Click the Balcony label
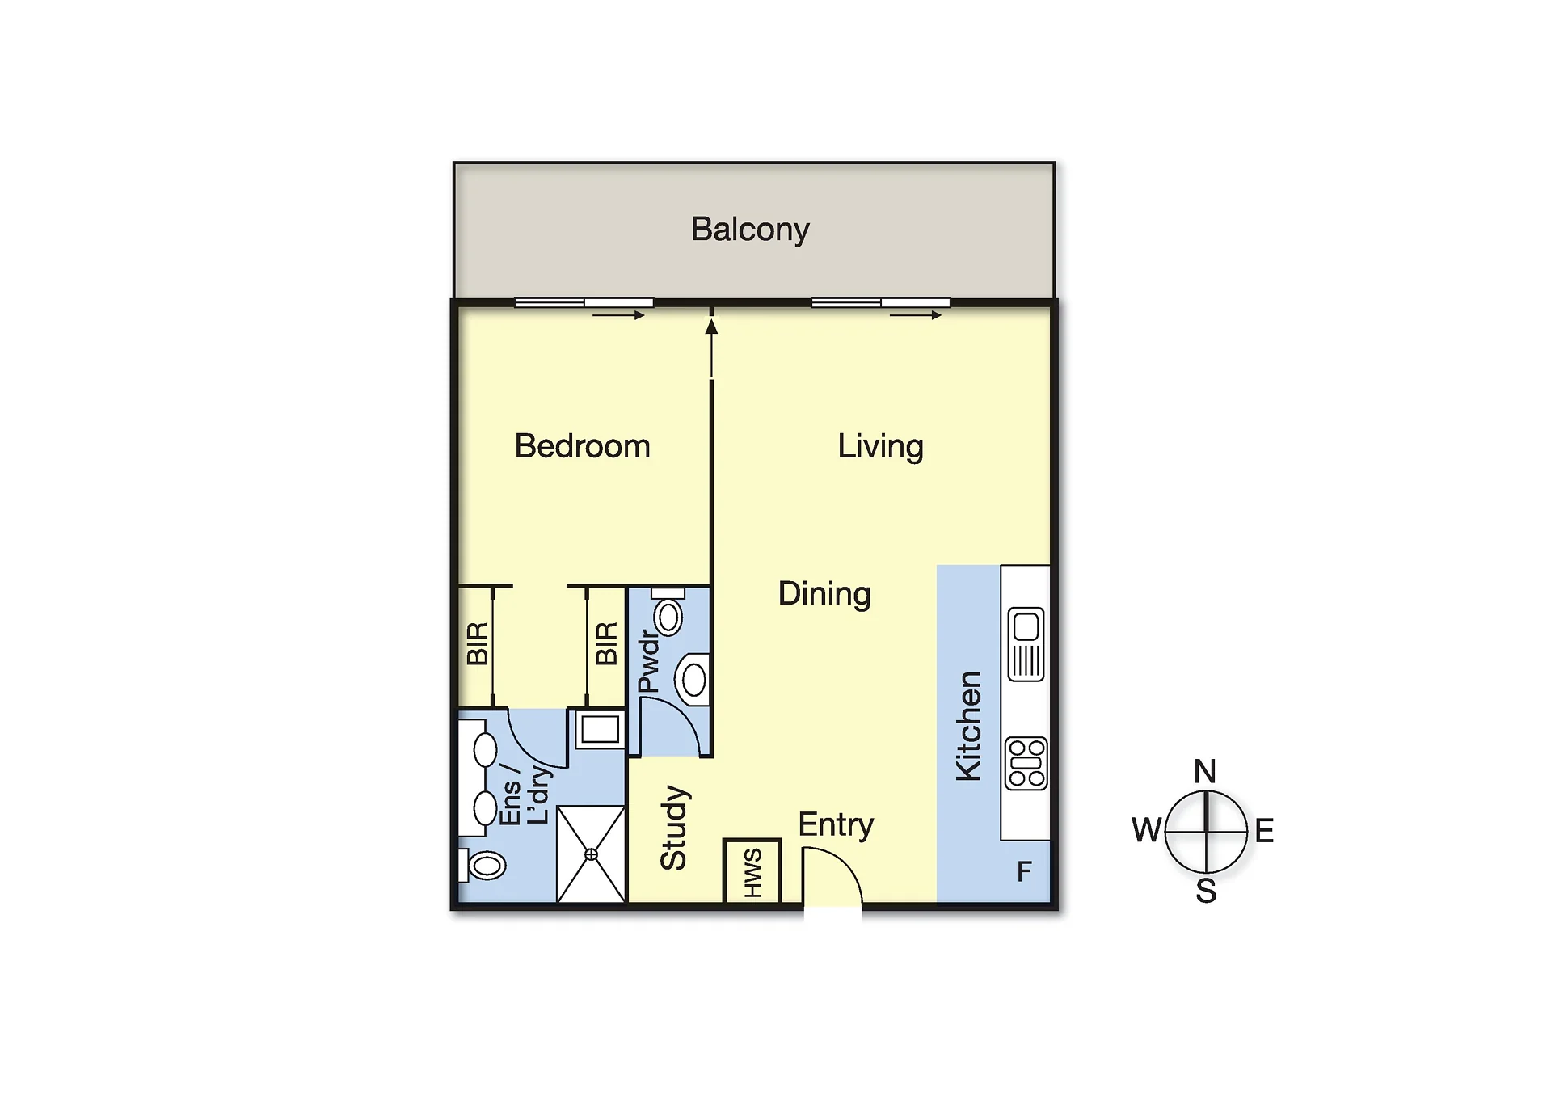pyautogui.click(x=750, y=230)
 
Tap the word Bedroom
pyautogui.click(x=582, y=446)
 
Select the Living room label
pyautogui.click(x=880, y=447)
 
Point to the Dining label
pyautogui.click(x=824, y=594)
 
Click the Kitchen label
pyautogui.click(x=968, y=726)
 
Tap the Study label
pyautogui.click(x=673, y=827)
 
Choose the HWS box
pyautogui.click(x=752, y=871)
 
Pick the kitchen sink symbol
pyautogui.click(x=1026, y=644)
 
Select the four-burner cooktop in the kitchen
pyautogui.click(x=1026, y=763)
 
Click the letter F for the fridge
pyautogui.click(x=1024, y=871)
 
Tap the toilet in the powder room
pyautogui.click(x=668, y=612)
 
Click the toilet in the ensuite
pyautogui.click(x=483, y=865)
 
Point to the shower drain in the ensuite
pyautogui.click(x=591, y=854)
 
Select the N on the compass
pyautogui.click(x=1205, y=771)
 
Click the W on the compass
pyautogui.click(x=1147, y=830)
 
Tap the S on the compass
pyautogui.click(x=1206, y=891)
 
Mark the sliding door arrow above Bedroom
pyautogui.click(x=618, y=315)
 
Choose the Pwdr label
pyautogui.click(x=649, y=662)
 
